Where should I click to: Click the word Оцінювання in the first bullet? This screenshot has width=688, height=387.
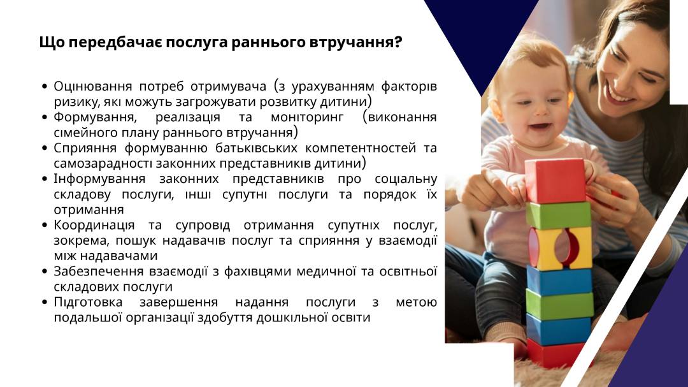pyautogui.click(x=92, y=86)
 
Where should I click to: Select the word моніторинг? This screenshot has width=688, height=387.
pyautogui.click(x=307, y=117)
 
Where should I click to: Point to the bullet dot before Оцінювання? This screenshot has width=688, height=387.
pyautogui.click(x=45, y=87)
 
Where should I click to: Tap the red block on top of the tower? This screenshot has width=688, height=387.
pyautogui.click(x=555, y=181)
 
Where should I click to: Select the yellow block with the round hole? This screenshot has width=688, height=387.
pyautogui.click(x=560, y=247)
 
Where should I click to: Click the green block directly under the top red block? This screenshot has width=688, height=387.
pyautogui.click(x=558, y=215)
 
